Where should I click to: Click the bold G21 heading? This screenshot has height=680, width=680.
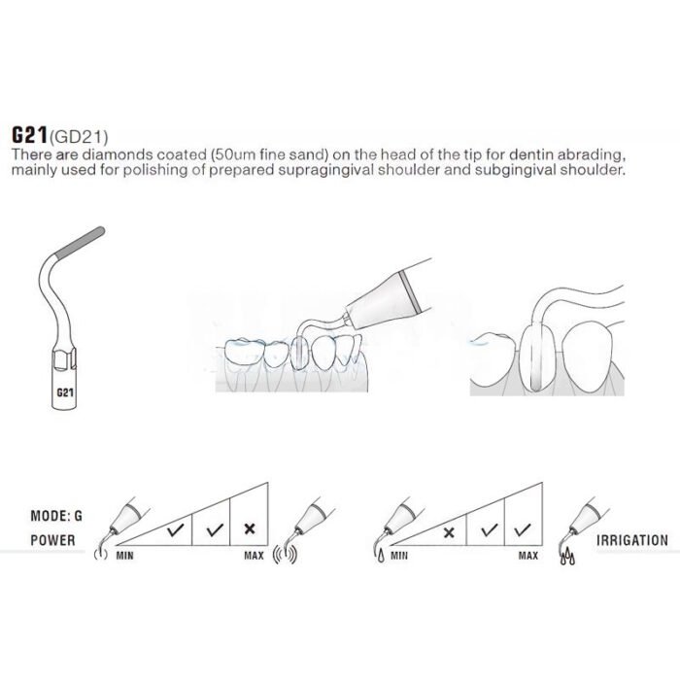click(x=29, y=135)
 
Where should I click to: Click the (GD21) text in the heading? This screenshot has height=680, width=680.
click(x=78, y=137)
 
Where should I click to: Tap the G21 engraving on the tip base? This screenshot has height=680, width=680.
click(x=65, y=392)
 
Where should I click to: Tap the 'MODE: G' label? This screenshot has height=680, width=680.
click(x=56, y=516)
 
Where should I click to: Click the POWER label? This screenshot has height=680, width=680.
click(x=52, y=540)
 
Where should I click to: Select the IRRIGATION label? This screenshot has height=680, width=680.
click(x=632, y=540)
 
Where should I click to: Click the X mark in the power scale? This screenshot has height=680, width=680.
click(x=250, y=528)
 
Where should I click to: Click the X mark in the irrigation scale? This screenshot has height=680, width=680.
click(x=449, y=532)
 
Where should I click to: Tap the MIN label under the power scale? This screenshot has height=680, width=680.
click(x=125, y=556)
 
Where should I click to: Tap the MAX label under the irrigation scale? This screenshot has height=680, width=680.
click(x=528, y=556)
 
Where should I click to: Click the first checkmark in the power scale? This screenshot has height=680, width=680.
click(x=175, y=529)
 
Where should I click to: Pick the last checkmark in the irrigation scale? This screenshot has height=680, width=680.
click(x=523, y=529)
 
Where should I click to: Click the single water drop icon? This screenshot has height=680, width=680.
click(x=381, y=556)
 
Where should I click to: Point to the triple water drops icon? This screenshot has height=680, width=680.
click(x=567, y=558)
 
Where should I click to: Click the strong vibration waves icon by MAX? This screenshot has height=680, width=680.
click(x=285, y=555)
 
